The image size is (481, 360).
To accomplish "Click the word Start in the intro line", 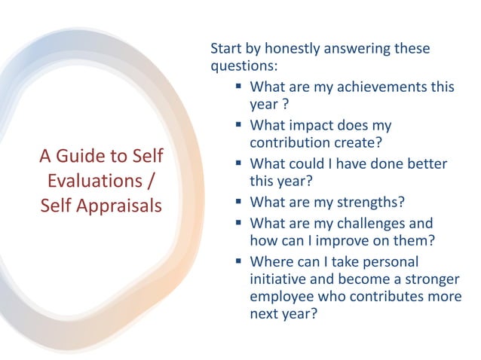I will pos(227,49).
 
